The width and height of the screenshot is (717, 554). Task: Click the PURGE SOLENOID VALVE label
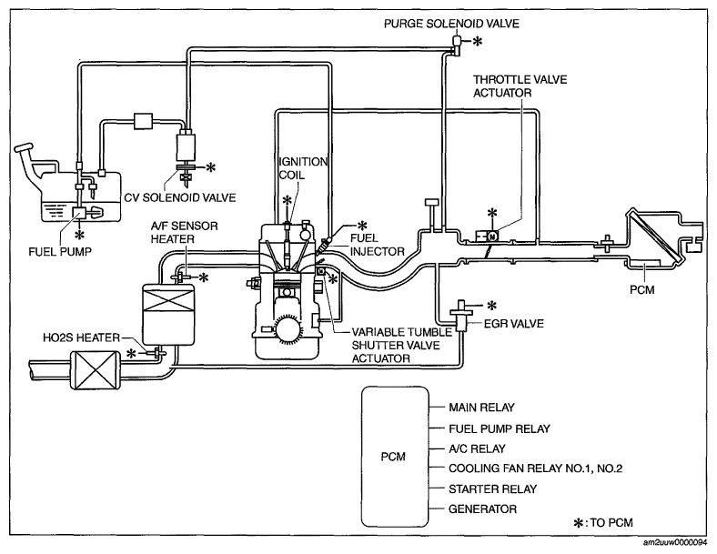451,24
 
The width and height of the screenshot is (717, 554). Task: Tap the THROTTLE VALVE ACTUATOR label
520,86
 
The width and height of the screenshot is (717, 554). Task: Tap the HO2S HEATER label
84,338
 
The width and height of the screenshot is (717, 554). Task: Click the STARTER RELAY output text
488,489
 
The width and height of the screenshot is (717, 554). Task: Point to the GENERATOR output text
483,509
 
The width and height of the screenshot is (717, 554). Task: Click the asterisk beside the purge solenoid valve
479,41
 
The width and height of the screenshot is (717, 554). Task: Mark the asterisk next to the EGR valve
492,305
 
